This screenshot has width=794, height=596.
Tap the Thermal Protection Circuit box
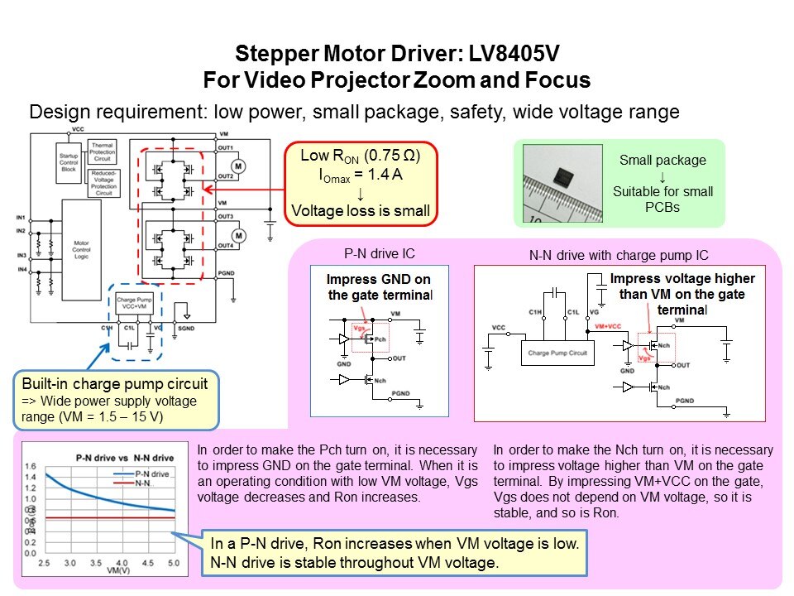103,152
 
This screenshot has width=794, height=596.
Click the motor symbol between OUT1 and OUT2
239,166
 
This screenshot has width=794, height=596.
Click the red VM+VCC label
609,327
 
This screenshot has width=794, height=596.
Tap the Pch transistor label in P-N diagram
380,339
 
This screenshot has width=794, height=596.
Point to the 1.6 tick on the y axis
31,466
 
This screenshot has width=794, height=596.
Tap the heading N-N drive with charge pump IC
619,255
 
